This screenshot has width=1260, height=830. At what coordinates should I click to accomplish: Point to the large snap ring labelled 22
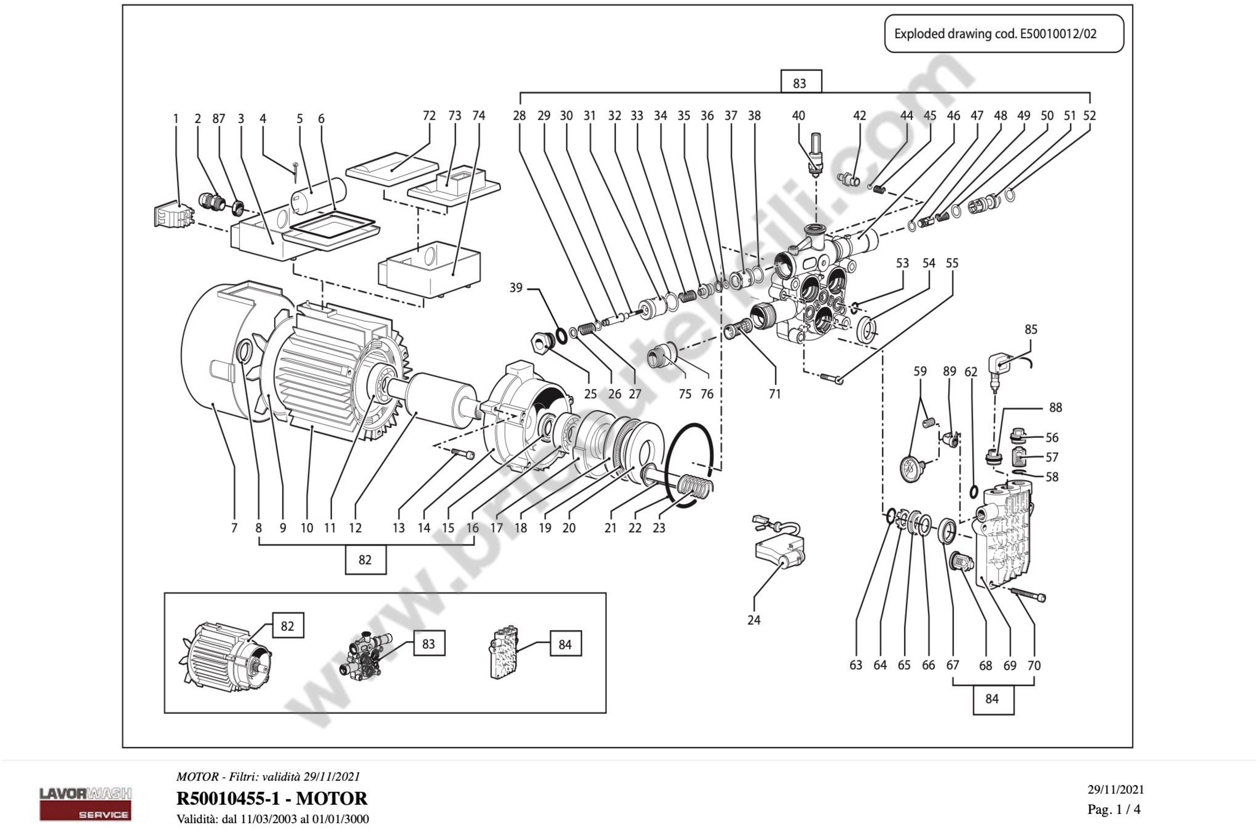pos(688,466)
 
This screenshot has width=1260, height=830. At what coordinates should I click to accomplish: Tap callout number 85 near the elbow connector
pos(1030,329)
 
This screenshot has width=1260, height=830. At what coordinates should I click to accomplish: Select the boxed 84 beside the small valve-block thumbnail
pos(565,644)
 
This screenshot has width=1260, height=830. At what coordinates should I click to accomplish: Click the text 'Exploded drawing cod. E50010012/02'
pos(995,34)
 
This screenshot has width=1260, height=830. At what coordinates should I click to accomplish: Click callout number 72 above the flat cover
pos(429,116)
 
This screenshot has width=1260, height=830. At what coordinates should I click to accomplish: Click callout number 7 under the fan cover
pos(234,528)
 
